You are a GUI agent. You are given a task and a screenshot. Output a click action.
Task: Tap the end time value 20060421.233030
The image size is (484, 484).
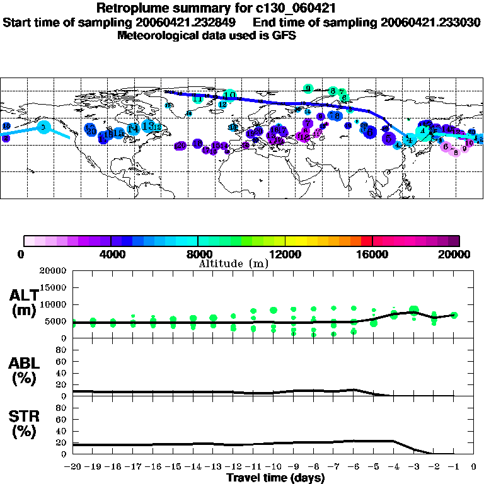click(430, 22)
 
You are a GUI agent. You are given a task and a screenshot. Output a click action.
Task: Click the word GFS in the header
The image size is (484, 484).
click(285, 35)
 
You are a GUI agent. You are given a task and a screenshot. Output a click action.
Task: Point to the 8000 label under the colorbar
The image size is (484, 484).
click(199, 255)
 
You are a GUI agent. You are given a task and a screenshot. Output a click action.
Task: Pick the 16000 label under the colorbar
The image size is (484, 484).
click(373, 255)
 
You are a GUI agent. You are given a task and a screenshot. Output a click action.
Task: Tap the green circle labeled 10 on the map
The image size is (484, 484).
click(230, 96)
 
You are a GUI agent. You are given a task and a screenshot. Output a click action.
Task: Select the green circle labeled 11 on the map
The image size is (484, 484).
click(198, 99)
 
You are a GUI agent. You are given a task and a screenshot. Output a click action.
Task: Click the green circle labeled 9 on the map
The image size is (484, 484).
click(308, 88)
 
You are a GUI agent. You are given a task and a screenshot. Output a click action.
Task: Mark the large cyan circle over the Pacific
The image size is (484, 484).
click(43, 127)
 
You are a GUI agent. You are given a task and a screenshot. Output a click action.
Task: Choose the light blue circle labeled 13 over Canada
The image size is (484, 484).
click(148, 126)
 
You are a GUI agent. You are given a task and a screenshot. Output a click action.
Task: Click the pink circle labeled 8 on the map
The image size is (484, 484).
click(456, 152)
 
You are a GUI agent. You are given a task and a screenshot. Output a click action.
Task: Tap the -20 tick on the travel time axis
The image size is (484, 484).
click(73, 468)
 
